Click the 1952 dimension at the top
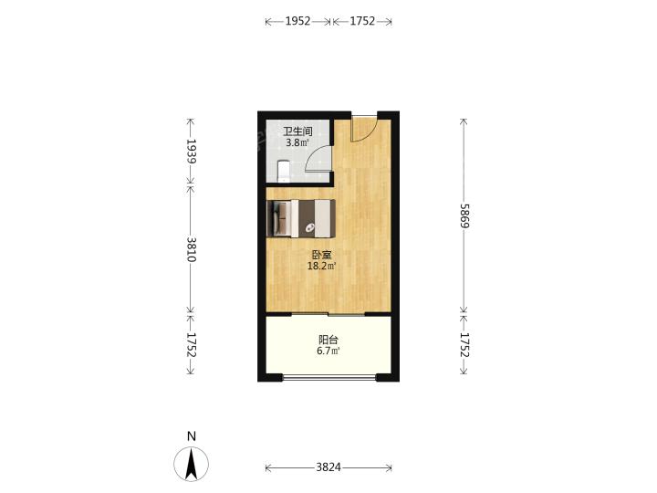[x=297, y=21]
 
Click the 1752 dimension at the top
[x=362, y=21]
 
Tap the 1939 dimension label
[x=192, y=152]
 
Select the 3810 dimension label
[x=192, y=249]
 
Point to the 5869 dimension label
[x=464, y=215]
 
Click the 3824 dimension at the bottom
[x=328, y=467]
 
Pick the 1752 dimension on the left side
[x=192, y=344]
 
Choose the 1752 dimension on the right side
[x=464, y=344]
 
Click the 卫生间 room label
[x=297, y=131]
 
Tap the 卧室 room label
[x=322, y=255]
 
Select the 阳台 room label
[x=328, y=340]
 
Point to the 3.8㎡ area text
[x=297, y=142]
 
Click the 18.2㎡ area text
[x=322, y=266]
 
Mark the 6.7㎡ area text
[x=328, y=351]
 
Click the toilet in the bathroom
[x=284, y=172]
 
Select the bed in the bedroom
[x=301, y=218]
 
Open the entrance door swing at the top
[x=364, y=129]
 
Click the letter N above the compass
[x=192, y=436]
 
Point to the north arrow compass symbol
[x=192, y=464]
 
